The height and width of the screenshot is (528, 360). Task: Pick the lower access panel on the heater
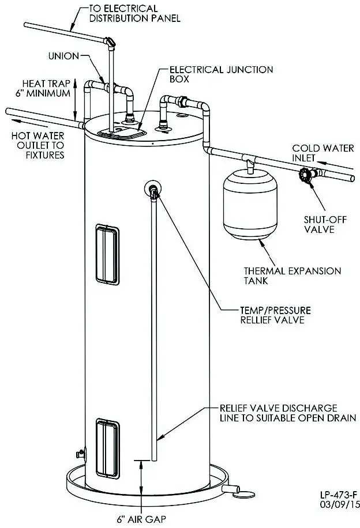tap(108, 439)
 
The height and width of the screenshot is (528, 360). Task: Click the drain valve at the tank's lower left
tap(81, 453)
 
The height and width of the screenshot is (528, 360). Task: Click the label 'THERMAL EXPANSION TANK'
tap(292, 276)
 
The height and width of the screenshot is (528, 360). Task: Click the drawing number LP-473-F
tap(340, 495)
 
